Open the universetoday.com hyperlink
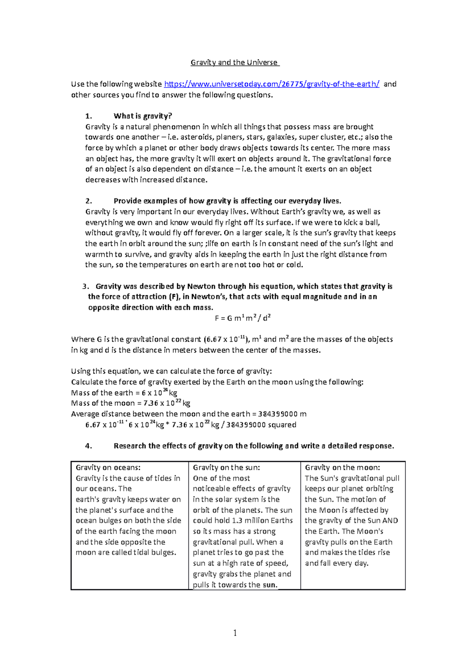pos(271,84)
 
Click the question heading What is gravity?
pos(143,116)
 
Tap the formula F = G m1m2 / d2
pos(242,318)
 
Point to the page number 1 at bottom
pos(235,633)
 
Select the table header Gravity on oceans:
pos(108,468)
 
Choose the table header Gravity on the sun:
pos(226,468)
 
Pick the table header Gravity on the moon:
pos(342,468)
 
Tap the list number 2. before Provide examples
pos(89,201)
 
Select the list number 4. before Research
pos(89,446)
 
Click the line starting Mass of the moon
pos(130,403)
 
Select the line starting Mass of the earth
pos(124,393)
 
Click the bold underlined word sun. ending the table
pos(270,585)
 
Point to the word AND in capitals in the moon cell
pos(390,520)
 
